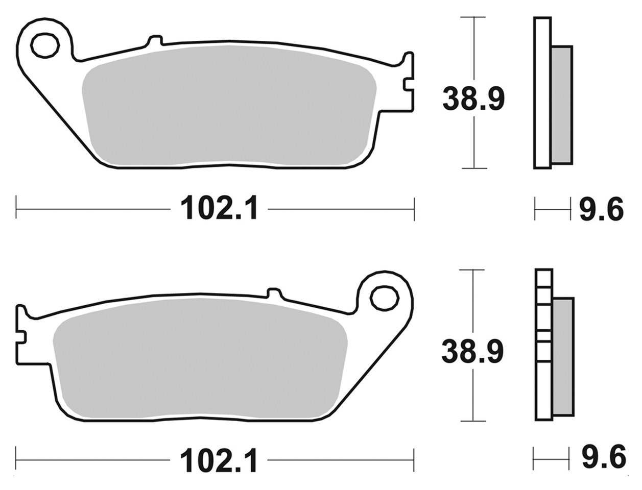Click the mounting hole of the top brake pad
[45, 45]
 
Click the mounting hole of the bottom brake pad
[384, 298]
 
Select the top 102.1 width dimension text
[220, 209]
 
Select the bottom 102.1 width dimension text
[219, 461]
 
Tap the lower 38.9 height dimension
[472, 351]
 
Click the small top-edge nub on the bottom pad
[274, 293]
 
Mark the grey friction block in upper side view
[562, 105]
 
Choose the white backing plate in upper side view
[542, 92]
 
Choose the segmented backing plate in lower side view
[544, 345]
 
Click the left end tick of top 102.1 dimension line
[16, 208]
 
